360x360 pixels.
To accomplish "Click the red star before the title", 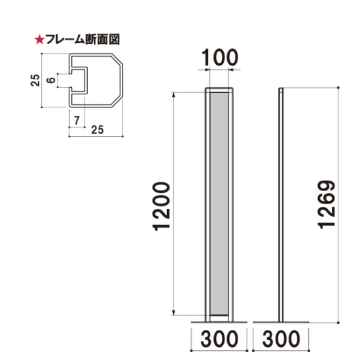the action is pos(39,40).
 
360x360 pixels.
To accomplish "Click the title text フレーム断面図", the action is pos(82,39).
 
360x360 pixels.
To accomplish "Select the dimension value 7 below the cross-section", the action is pos(77,120).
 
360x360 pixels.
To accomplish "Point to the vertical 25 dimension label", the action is pos(35,80).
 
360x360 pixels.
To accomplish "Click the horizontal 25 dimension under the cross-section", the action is pos(98,130).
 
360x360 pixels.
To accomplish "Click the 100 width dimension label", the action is pos(220,58).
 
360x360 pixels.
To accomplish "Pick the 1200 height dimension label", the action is pos(162,206).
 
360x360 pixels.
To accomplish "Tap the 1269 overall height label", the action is pos(327,205).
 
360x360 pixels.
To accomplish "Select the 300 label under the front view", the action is pos(219,338).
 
